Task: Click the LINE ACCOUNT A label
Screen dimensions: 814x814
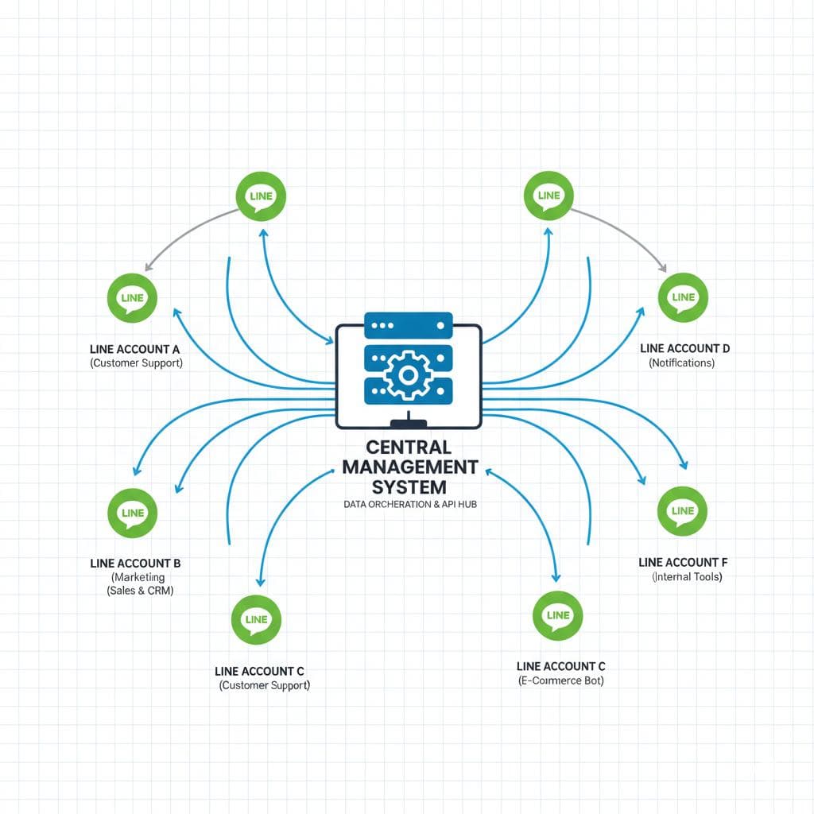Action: click(x=136, y=348)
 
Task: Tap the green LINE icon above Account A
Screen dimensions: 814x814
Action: click(x=132, y=298)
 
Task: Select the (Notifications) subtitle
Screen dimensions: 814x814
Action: click(x=682, y=362)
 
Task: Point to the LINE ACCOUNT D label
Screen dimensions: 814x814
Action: click(x=684, y=348)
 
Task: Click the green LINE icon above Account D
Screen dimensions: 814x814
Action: click(x=683, y=297)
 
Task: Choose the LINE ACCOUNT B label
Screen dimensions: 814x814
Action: click(x=136, y=563)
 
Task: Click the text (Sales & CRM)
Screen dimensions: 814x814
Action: click(x=140, y=591)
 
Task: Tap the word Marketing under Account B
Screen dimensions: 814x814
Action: click(x=139, y=576)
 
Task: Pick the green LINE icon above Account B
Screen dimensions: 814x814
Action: click(x=132, y=513)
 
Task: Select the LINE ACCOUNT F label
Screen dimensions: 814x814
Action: click(x=683, y=562)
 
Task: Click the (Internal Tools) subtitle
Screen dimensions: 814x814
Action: click(x=687, y=576)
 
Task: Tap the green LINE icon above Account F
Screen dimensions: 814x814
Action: click(x=683, y=511)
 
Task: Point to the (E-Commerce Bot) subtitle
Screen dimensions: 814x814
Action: click(x=560, y=680)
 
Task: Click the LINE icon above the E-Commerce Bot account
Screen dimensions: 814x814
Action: click(x=558, y=615)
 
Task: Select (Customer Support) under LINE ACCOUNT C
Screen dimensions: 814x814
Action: click(x=264, y=684)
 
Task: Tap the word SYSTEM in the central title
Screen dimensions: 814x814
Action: click(x=409, y=486)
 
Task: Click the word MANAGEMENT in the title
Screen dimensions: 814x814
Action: click(x=409, y=467)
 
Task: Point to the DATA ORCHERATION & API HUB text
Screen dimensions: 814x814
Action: click(x=409, y=504)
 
